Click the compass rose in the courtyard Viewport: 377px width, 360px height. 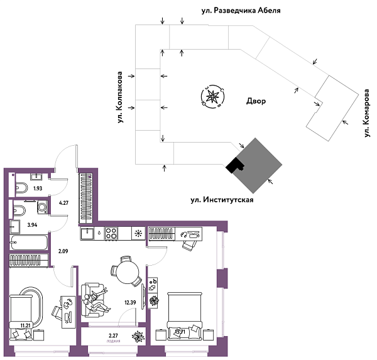pyautogui.click(x=212, y=97)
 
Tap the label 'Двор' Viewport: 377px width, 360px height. pyautogui.click(x=256, y=101)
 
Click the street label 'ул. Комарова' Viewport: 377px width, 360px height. pyautogui.click(x=366, y=112)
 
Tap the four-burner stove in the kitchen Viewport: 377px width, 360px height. pyautogui.click(x=112, y=233)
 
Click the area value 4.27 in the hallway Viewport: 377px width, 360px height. pyautogui.click(x=63, y=203)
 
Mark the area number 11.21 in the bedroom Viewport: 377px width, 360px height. pyautogui.click(x=26, y=324)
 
